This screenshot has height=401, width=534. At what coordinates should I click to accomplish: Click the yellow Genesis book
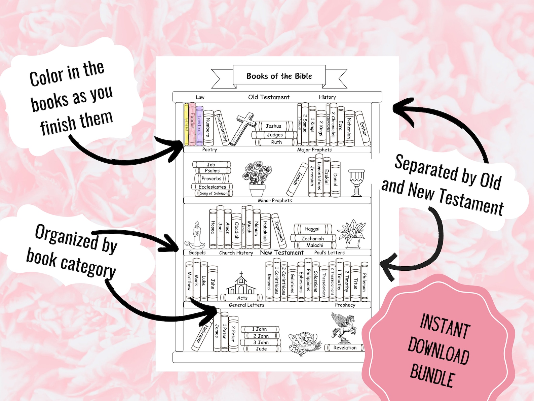[x=186, y=124]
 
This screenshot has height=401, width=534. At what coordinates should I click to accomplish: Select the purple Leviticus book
[x=199, y=126]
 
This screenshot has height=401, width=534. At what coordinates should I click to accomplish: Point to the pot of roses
[x=257, y=179]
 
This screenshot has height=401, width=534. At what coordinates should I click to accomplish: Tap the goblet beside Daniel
[x=356, y=183]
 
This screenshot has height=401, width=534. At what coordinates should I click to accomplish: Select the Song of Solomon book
[x=214, y=193]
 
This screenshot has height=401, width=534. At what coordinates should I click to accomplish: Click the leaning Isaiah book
[x=297, y=180]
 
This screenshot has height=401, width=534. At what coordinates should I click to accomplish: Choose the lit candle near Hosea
[x=195, y=235]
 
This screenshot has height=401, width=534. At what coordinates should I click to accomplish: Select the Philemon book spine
[x=364, y=282]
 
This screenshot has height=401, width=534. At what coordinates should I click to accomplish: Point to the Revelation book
[x=344, y=348]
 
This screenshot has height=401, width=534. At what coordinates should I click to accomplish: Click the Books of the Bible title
[x=279, y=76]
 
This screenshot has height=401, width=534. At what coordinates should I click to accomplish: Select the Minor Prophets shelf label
[x=275, y=200]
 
